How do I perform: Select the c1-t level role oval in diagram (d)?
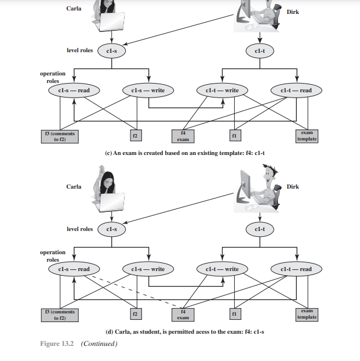pyautogui.click(x=260, y=229)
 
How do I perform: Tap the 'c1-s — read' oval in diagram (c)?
pyautogui.click(x=74, y=91)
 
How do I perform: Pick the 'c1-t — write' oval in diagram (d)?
pyautogui.click(x=223, y=269)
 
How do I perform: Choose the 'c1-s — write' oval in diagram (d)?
pyautogui.click(x=149, y=269)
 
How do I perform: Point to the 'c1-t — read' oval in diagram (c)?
pyautogui.click(x=296, y=91)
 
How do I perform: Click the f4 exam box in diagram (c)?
pyautogui.click(x=183, y=136)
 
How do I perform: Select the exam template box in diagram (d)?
pyautogui.click(x=307, y=315)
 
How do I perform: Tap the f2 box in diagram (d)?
pyautogui.click(x=134, y=315)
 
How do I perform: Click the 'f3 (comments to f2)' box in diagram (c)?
pyautogui.click(x=59, y=136)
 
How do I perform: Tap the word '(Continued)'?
pyautogui.click(x=99, y=344)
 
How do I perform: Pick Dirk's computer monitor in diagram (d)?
pyautogui.click(x=248, y=187)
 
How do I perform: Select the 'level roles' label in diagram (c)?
pyautogui.click(x=79, y=50)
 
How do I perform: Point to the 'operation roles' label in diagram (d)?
pyautogui.click(x=53, y=256)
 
